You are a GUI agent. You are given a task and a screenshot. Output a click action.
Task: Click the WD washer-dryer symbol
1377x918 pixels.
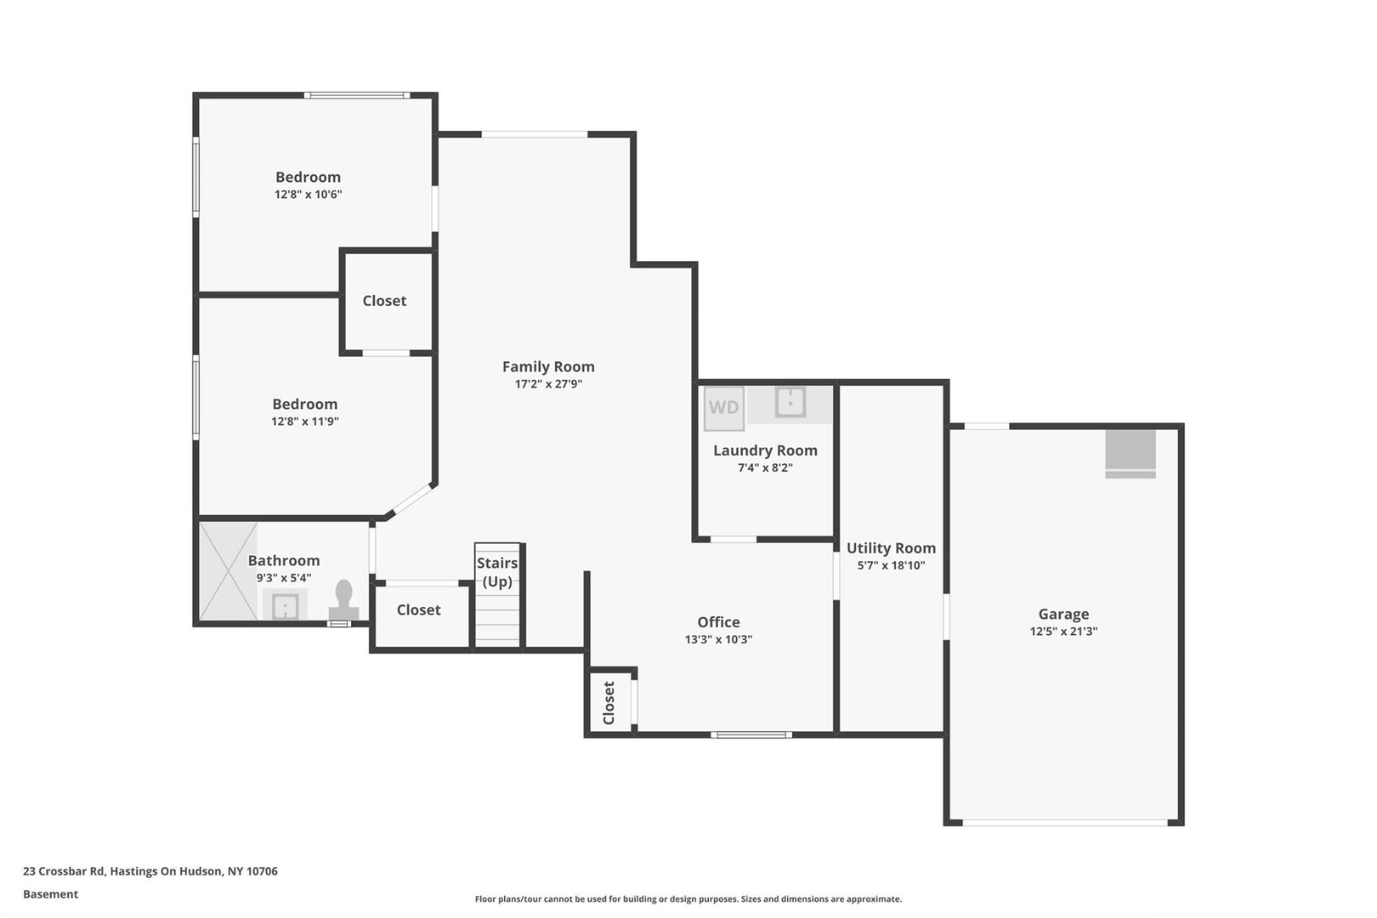coord(724,407)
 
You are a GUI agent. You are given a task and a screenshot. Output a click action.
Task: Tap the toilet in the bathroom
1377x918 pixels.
coord(344,598)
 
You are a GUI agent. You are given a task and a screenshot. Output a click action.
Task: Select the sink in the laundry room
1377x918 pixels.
coord(790,402)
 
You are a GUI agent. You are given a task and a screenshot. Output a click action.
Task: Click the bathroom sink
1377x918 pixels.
coord(285,607)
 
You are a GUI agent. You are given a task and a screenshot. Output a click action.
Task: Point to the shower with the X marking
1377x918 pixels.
coord(228,570)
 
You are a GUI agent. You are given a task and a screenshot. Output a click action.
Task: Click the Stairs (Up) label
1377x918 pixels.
coord(497,572)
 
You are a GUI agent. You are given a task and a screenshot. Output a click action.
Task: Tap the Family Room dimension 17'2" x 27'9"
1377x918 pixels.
coord(548,384)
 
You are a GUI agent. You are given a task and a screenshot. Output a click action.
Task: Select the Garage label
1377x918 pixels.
coord(1063,614)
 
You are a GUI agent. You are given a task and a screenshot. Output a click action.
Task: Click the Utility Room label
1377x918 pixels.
coord(891,548)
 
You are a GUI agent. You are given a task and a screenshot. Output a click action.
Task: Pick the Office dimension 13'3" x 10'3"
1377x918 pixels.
coord(718,639)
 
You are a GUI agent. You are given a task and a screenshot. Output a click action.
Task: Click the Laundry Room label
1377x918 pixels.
coord(765,450)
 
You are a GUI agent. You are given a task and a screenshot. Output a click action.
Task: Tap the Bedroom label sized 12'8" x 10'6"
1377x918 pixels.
coord(308,177)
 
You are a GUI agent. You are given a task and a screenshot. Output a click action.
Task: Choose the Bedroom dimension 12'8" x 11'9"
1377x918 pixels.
coord(305,422)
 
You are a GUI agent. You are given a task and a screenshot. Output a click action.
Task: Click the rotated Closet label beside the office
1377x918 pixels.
coord(609,703)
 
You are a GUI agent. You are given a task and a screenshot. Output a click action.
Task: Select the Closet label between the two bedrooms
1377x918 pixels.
coord(384,301)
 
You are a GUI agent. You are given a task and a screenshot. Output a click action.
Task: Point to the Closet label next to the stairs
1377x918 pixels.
coord(418,609)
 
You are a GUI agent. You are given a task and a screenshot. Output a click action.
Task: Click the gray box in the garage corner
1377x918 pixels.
coord(1130,453)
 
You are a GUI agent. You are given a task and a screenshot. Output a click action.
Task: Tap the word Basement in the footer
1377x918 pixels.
coord(50,894)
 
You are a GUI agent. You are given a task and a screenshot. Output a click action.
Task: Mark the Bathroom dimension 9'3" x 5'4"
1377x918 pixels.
coord(284,578)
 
